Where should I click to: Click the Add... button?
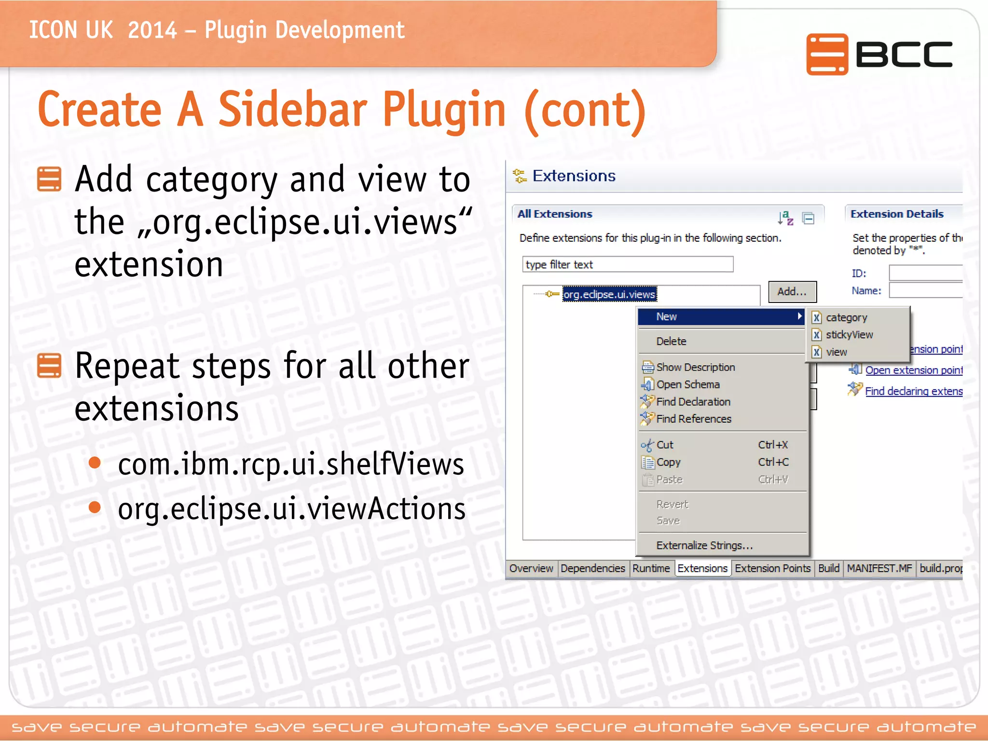click(792, 291)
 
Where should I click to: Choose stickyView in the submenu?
click(849, 334)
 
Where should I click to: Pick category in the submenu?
click(846, 317)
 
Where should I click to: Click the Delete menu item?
click(671, 341)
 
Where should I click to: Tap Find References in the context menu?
click(693, 419)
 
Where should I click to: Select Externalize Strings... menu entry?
click(704, 545)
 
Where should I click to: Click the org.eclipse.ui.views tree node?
click(609, 294)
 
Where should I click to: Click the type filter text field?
click(627, 264)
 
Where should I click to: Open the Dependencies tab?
click(592, 568)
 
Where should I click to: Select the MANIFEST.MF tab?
click(879, 568)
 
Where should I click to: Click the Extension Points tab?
click(772, 568)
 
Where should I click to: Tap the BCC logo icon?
click(827, 55)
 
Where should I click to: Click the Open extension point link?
click(913, 370)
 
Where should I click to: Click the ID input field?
click(925, 273)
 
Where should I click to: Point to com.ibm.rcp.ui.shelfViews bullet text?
click(291, 464)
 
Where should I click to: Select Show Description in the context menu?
click(695, 367)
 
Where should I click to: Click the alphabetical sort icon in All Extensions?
click(785, 218)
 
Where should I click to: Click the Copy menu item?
click(668, 462)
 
